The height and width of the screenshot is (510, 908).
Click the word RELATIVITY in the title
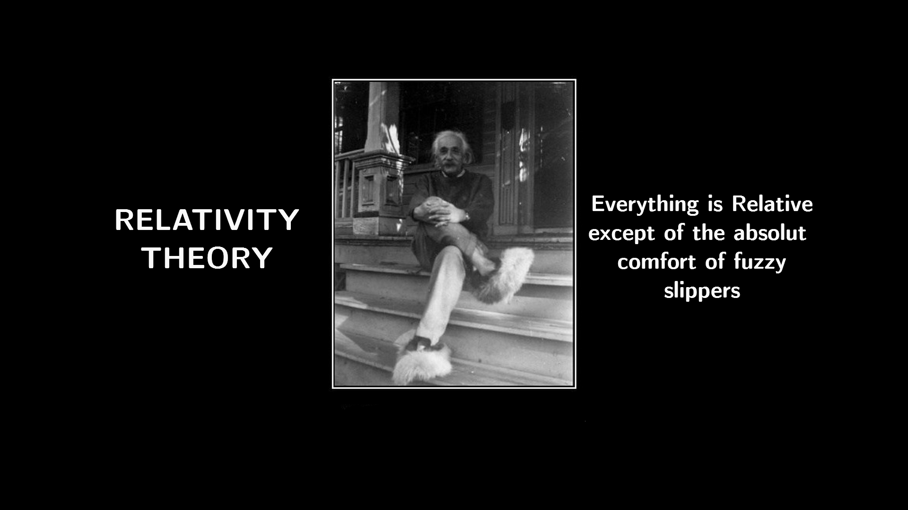(x=207, y=220)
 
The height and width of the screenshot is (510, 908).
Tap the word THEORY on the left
(x=208, y=258)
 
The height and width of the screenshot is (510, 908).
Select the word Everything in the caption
(x=645, y=205)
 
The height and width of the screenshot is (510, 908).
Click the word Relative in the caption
(x=772, y=204)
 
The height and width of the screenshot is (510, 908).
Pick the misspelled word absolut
(x=769, y=233)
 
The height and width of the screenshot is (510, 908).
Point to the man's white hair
(x=449, y=142)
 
